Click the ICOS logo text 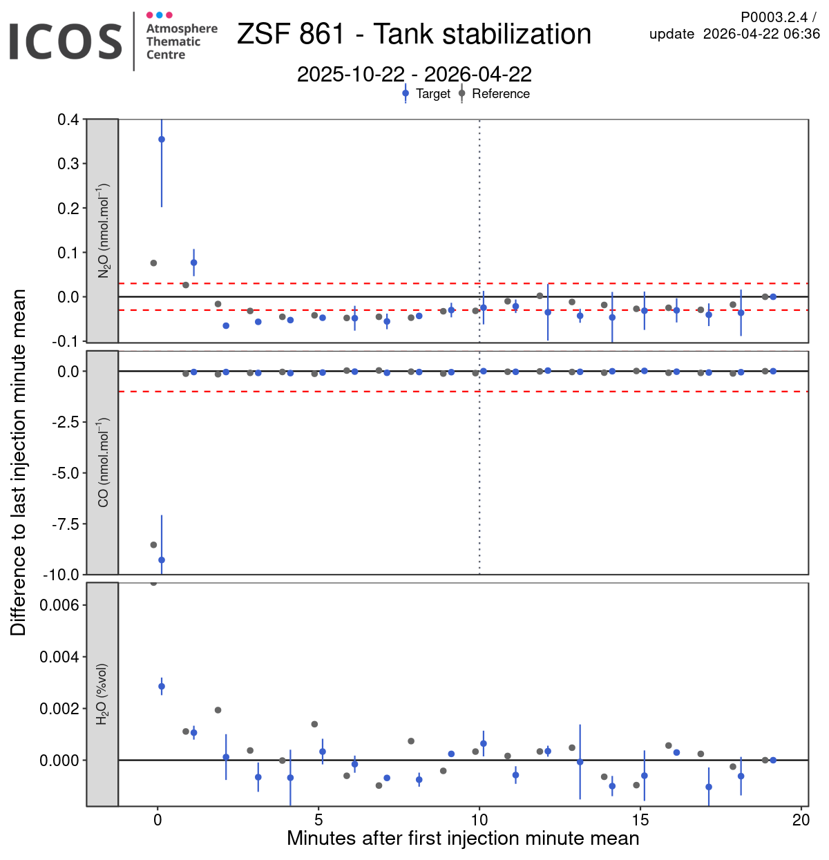(66, 41)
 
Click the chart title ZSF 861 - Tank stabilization (414, 35)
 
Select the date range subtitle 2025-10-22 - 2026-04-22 (414, 74)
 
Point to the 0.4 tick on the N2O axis (68, 120)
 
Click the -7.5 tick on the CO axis (66, 524)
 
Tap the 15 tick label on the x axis (640, 820)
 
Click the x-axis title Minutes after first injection (463, 839)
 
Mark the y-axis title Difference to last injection (19, 462)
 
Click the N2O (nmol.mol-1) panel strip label (103, 231)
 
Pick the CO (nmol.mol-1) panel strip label (103, 462)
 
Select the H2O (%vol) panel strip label (103, 694)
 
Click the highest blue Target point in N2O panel (162, 140)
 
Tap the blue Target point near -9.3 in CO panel (162, 560)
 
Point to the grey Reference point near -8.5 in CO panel (153, 545)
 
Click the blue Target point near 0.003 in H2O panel (162, 687)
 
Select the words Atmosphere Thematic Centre (181, 41)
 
